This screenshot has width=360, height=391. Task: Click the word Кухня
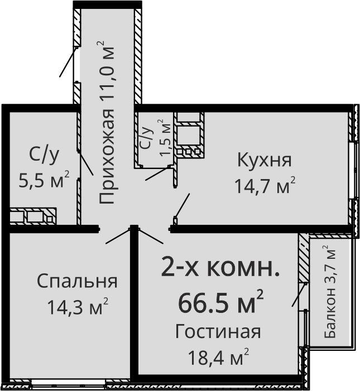click(x=264, y=160)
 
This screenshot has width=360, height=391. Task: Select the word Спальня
click(x=77, y=281)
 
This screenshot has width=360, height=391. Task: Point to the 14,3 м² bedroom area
click(x=78, y=306)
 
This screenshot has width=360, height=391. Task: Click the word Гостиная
click(x=218, y=332)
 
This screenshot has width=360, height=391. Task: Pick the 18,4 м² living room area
click(x=219, y=356)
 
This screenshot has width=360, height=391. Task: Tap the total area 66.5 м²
click(x=221, y=301)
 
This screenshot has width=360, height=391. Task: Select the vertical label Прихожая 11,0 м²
click(x=106, y=123)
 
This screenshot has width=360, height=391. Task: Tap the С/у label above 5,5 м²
click(x=44, y=155)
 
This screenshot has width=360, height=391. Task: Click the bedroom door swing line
click(x=118, y=236)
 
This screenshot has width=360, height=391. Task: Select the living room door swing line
click(x=151, y=236)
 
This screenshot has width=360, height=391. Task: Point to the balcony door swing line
click(x=299, y=295)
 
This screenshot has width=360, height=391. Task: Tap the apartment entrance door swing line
click(x=68, y=61)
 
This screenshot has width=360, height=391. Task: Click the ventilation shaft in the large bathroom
click(x=33, y=216)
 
